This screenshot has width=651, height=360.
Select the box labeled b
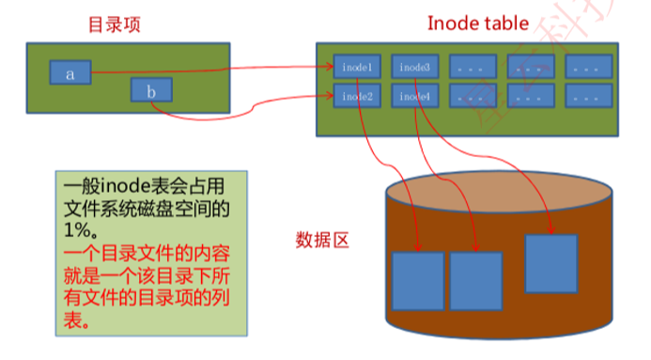[x=151, y=91]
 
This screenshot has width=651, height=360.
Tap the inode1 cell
[x=357, y=68]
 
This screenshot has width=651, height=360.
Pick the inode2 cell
[x=357, y=96]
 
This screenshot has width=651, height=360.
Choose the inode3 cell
[x=415, y=68]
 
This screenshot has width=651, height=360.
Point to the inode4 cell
[x=415, y=96]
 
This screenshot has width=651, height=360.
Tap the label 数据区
[x=322, y=241]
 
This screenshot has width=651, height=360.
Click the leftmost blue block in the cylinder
[x=417, y=281]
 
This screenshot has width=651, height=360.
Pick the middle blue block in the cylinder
[x=476, y=281]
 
